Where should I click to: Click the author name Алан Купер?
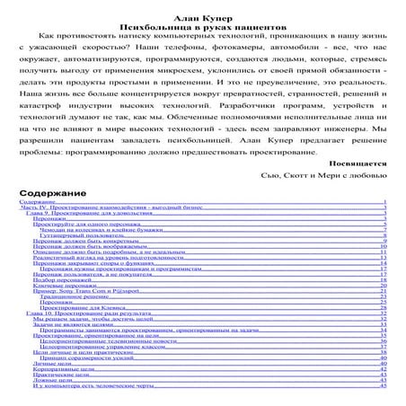202,7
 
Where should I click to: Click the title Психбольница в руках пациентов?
202,18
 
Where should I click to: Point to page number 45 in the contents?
384,385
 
